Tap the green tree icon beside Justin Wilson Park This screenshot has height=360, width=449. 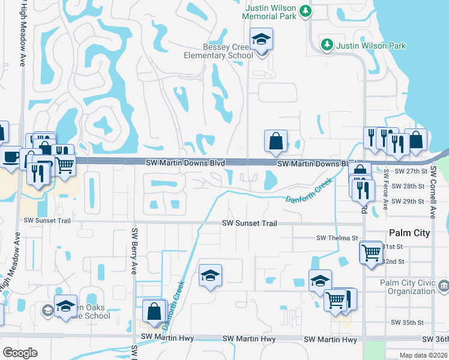(x=327, y=45)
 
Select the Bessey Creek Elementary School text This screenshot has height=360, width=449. (x=220, y=51)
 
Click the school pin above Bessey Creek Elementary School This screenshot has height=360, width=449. (x=262, y=41)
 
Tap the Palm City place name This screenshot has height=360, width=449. (x=409, y=233)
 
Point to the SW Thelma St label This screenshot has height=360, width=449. (x=337, y=238)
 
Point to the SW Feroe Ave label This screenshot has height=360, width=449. (x=385, y=188)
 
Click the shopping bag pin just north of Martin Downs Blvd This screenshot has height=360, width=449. (x=276, y=142)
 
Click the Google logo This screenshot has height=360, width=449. (x=20, y=353)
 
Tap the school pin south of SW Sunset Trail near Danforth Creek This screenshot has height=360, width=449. (x=210, y=276)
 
